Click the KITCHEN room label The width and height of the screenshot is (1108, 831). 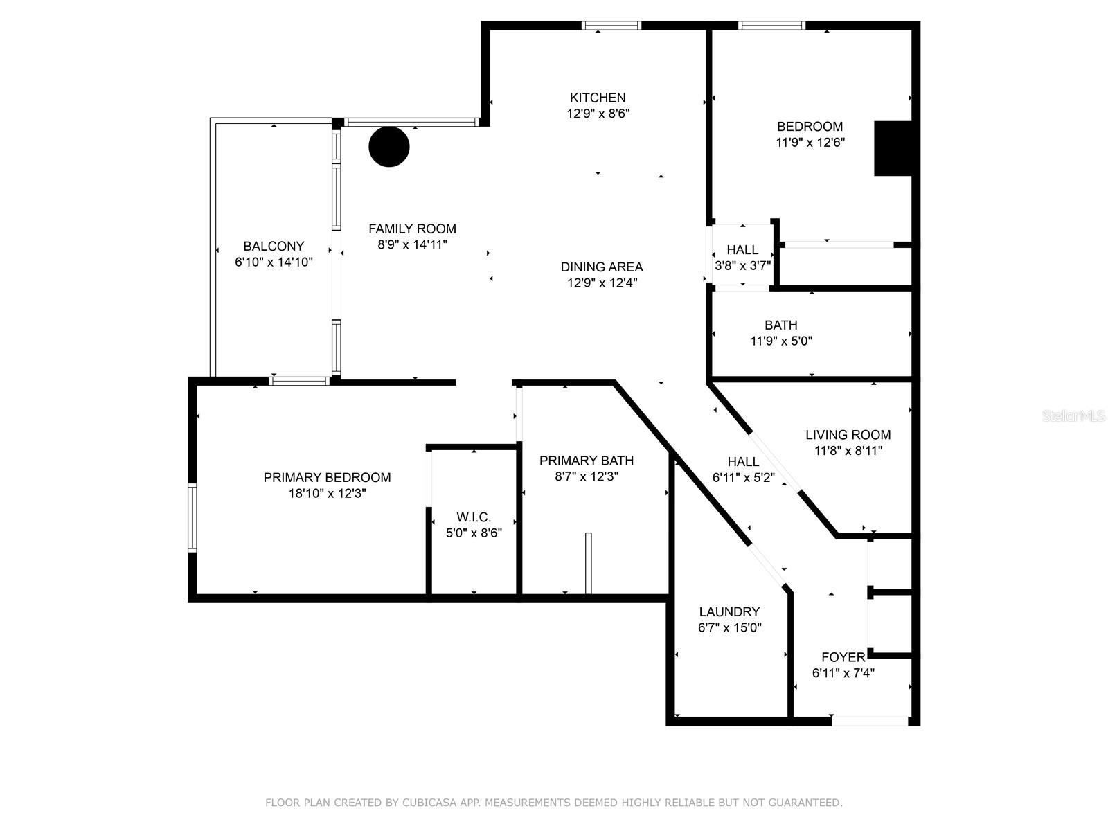coord(597,98)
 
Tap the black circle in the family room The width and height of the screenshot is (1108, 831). coord(388,146)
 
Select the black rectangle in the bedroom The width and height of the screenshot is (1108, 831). coord(893,148)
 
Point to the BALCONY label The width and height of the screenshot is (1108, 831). coord(274,247)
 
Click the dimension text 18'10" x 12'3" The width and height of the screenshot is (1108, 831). coord(327,493)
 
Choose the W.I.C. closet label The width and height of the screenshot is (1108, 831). coord(474,517)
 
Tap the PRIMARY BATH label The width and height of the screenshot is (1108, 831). coord(586,461)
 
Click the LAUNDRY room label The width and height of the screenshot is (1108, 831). coord(729,612)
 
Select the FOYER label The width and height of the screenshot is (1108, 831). coord(843,657)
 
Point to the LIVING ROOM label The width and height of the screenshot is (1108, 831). coord(848,435)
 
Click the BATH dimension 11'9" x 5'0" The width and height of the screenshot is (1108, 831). coord(781,341)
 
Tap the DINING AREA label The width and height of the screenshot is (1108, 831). coord(602,267)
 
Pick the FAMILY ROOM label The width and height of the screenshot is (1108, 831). coord(412,229)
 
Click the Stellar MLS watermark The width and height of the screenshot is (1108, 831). coord(1073,415)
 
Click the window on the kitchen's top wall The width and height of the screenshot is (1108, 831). coord(611,26)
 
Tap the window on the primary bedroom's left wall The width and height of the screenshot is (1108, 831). coord(193,518)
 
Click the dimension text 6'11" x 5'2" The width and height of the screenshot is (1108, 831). coord(743,477)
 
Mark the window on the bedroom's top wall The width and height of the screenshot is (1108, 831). coord(771,26)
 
